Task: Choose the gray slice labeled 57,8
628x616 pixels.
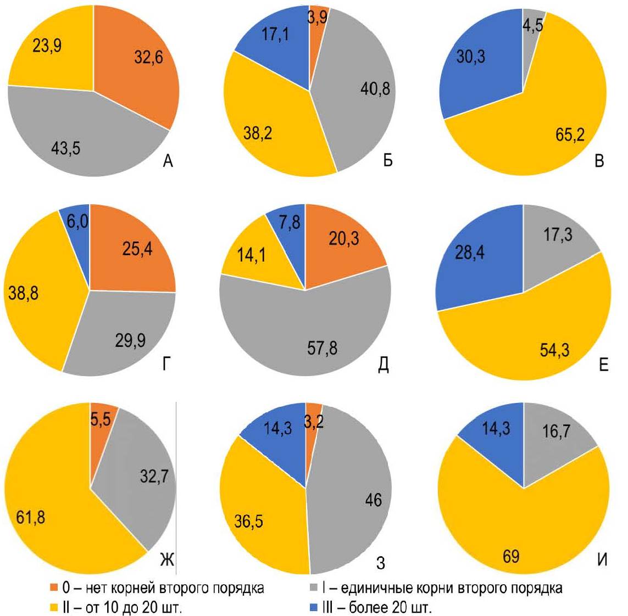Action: click(308, 335)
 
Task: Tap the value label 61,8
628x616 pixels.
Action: click(31, 517)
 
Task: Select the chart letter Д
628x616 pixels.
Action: click(383, 364)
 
